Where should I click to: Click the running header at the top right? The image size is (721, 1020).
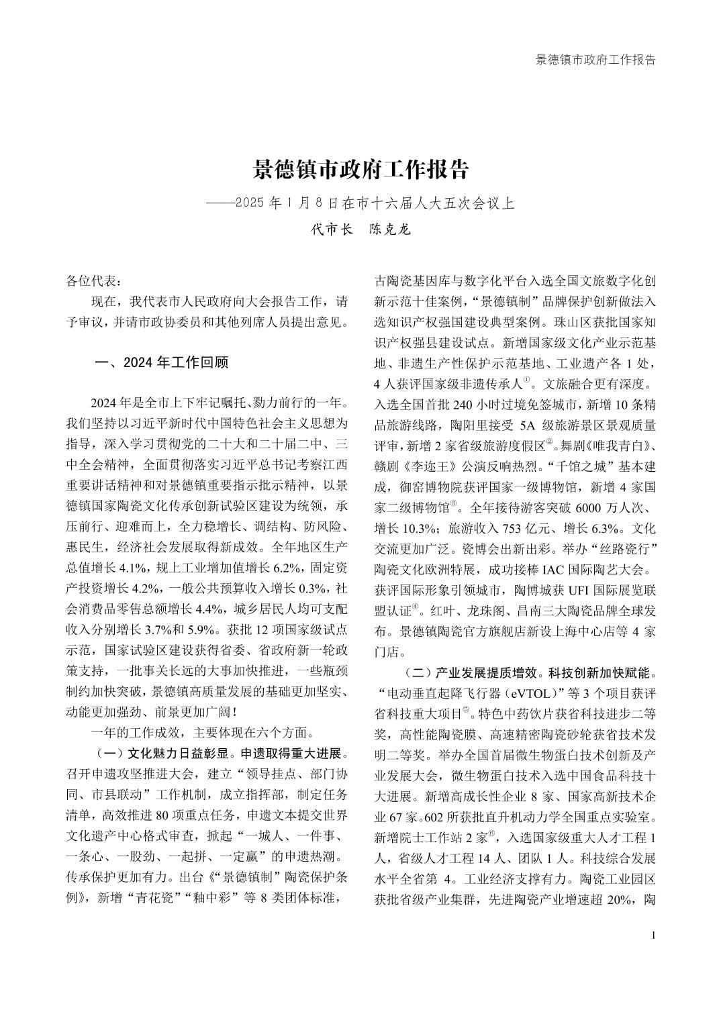[x=595, y=60]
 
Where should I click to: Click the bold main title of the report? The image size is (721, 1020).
[x=360, y=169]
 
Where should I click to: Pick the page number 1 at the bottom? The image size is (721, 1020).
[x=653, y=936]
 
